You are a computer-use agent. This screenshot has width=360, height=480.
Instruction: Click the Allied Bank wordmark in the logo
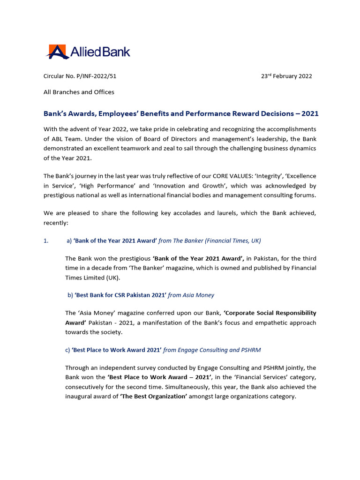[100, 52]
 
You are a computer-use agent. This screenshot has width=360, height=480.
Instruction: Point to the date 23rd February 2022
[286, 76]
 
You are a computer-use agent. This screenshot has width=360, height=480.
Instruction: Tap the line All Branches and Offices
[79, 92]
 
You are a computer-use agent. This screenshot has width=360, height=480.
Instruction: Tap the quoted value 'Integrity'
[268, 176]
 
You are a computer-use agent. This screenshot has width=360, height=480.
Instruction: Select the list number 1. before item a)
[46, 240]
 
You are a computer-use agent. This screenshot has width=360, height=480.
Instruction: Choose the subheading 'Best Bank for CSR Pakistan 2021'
[120, 295]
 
